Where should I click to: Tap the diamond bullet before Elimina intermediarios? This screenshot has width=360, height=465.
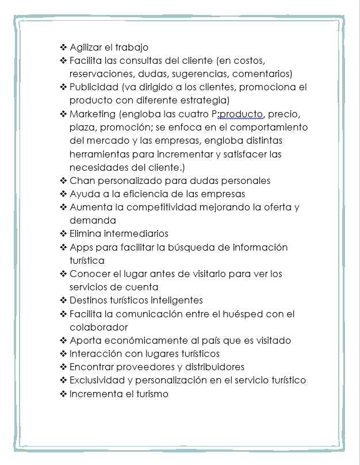click(63, 234)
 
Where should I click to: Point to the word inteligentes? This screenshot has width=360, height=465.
click(175, 300)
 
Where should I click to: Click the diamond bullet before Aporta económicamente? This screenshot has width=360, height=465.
click(63, 340)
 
